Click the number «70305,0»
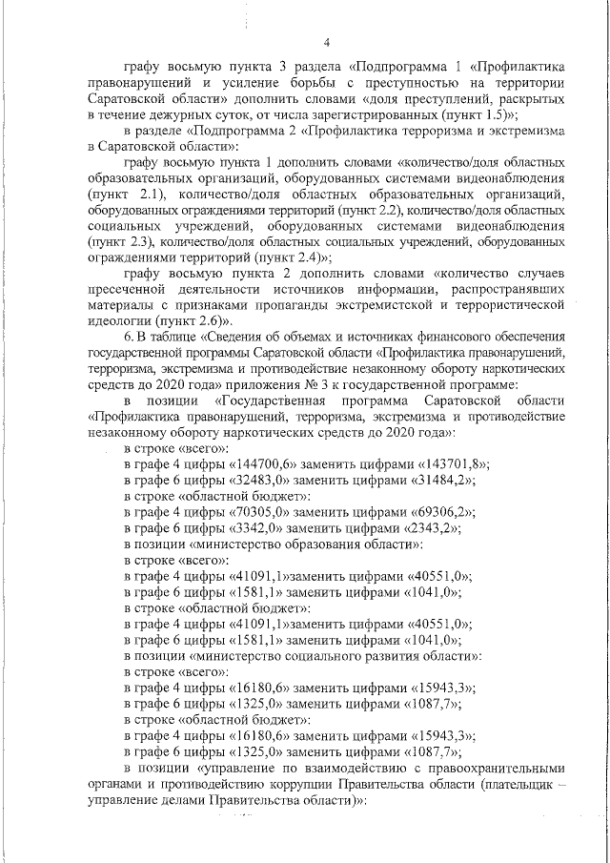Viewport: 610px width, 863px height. pos(260,511)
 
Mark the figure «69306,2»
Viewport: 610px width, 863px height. pos(439,511)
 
